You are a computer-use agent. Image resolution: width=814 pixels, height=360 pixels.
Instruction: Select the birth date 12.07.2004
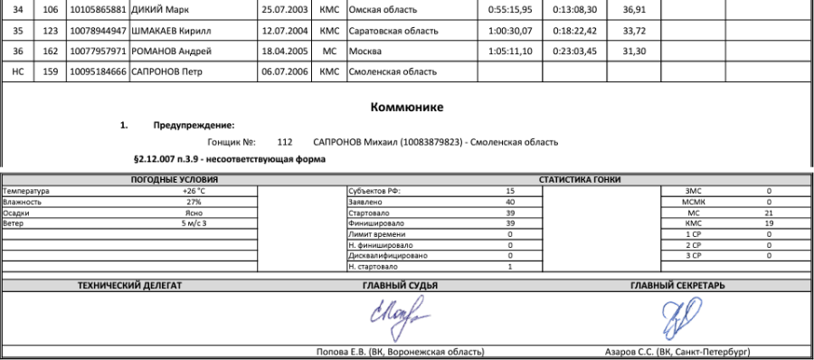click(283, 30)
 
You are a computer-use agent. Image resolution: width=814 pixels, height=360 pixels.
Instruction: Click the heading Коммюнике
click(406, 109)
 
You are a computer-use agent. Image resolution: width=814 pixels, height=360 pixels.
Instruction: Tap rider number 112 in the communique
click(285, 142)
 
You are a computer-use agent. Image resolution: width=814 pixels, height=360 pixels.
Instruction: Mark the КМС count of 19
click(768, 223)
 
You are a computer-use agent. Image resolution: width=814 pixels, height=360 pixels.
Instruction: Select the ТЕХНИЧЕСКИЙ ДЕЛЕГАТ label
click(129, 285)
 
